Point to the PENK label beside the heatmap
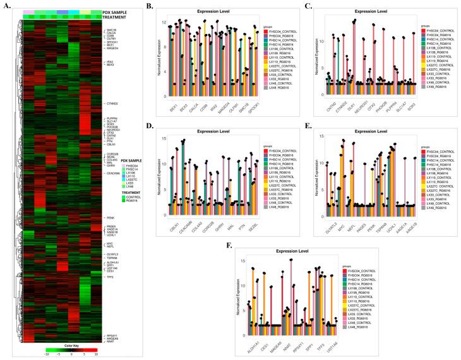click(x=110, y=218)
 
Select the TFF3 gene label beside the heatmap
click(x=109, y=277)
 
